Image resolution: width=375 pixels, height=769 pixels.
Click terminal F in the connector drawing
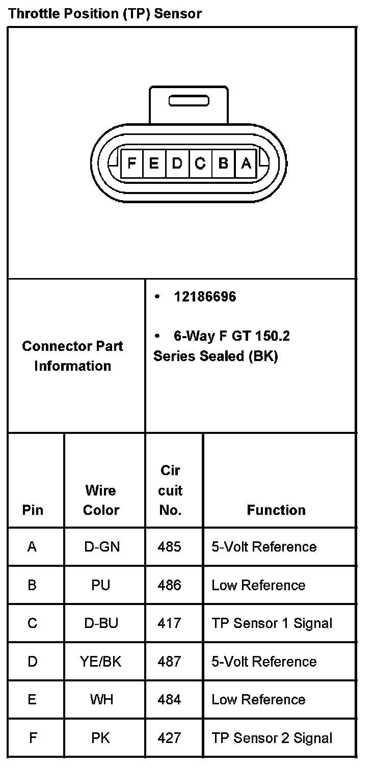coord(131,163)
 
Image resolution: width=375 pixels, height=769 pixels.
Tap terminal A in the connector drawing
coord(246,163)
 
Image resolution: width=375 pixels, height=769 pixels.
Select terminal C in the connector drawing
coord(200,163)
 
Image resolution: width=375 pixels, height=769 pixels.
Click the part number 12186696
coord(205,297)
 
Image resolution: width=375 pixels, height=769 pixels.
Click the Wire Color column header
coord(101,500)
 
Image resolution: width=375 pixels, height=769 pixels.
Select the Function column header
coord(276,510)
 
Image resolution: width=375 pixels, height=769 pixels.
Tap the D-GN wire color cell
coord(101,547)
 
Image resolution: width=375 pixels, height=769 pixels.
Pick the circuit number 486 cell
coord(170,585)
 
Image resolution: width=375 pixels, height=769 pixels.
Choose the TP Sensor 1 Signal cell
coord(272,623)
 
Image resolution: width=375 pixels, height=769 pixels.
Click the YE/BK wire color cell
coord(101,662)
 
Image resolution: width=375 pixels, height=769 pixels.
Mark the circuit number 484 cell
coord(170,700)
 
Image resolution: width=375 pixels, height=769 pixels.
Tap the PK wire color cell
coord(101,738)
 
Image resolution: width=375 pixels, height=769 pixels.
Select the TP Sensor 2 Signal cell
coord(272,738)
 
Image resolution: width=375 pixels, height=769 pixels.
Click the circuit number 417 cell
coord(170,623)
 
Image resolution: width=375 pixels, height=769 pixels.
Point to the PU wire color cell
coord(101,585)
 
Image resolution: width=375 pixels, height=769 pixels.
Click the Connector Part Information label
coord(72,356)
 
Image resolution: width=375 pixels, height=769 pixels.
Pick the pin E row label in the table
coord(32,700)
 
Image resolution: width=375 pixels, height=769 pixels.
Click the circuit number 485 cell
coord(170,547)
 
